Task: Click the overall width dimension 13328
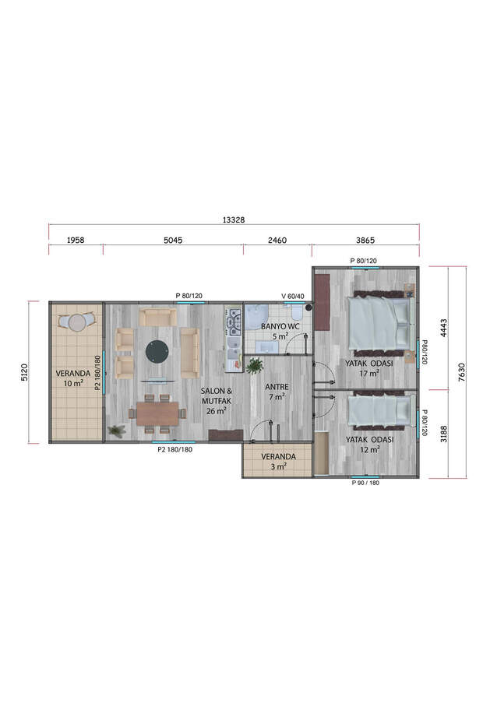pos(233,220)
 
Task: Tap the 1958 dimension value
pos(76,241)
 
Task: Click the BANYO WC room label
pos(280,325)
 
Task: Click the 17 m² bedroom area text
pos(368,373)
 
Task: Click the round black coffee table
pos(157,351)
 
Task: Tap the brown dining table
pos(157,413)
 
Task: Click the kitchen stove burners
pos(233,320)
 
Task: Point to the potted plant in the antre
pos(254,365)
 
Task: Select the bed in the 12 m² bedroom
pos(379,410)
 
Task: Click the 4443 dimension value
pos(442,327)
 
